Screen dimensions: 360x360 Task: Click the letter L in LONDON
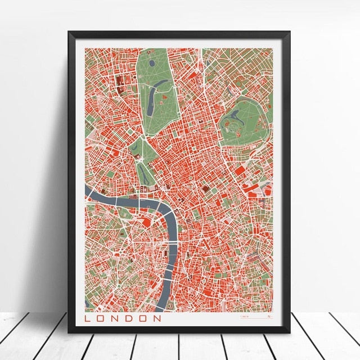pyautogui.click(x=88, y=318)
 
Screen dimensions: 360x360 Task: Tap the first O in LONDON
pyautogui.click(x=101, y=318)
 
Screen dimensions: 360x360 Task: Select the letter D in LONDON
pyautogui.click(x=129, y=318)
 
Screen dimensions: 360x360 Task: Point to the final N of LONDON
pyautogui.click(x=157, y=318)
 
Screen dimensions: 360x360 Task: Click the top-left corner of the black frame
pyautogui.click(x=70, y=33)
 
